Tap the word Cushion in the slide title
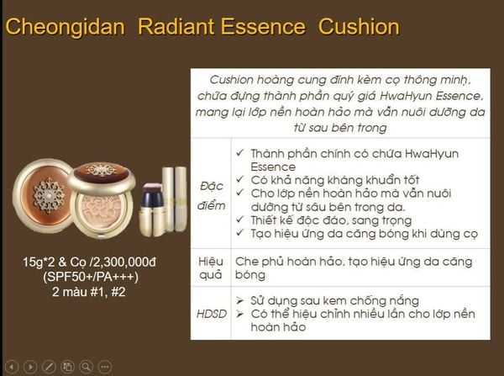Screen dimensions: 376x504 point(359,27)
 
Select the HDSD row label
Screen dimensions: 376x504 point(209,313)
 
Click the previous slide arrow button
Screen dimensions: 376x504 point(12,366)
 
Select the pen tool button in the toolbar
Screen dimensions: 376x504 point(49,366)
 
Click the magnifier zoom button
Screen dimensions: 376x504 point(85,366)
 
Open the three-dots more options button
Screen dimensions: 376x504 point(104,366)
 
